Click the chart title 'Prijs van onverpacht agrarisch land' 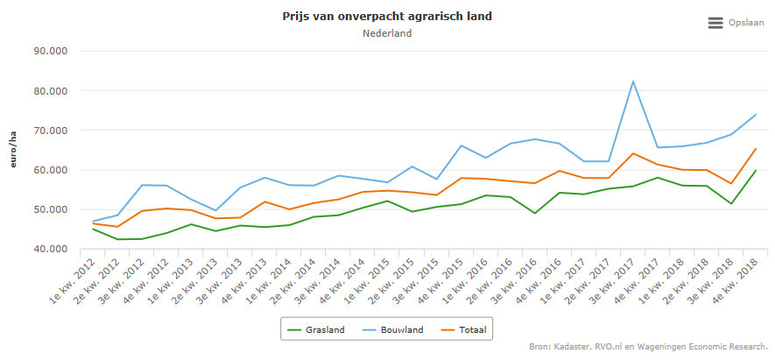(386, 17)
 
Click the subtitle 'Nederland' (386, 33)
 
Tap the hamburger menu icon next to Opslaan (715, 23)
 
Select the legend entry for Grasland (316, 329)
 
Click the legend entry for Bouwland (393, 329)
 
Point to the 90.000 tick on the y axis (51, 51)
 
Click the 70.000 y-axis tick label (51, 131)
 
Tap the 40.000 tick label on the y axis (51, 250)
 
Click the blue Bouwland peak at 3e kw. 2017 (632, 81)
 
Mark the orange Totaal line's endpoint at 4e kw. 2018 (755, 149)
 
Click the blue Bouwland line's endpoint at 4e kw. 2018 (755, 115)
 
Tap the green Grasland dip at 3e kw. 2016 (534, 213)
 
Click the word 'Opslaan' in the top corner (747, 23)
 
